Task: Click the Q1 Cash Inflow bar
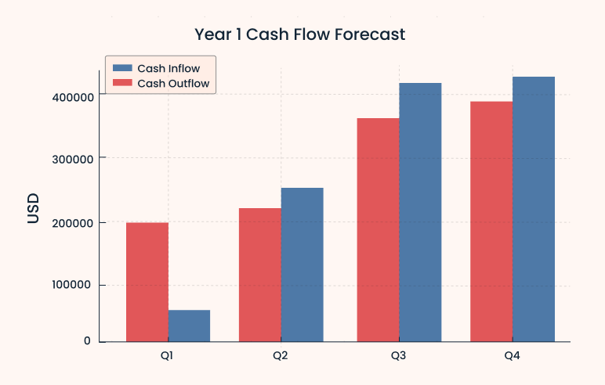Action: pyautogui.click(x=189, y=326)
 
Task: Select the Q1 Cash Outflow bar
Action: pyautogui.click(x=147, y=282)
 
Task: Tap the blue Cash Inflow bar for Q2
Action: pyautogui.click(x=302, y=264)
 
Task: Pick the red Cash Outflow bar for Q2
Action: pyautogui.click(x=260, y=275)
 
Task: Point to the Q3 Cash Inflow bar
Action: pyautogui.click(x=420, y=212)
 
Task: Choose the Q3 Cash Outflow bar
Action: pyautogui.click(x=378, y=230)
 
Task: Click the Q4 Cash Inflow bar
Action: pyautogui.click(x=534, y=209)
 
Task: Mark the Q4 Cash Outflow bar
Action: pyautogui.click(x=491, y=221)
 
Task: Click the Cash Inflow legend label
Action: pyautogui.click(x=168, y=68)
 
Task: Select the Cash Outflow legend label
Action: pyautogui.click(x=173, y=83)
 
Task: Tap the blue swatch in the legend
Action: pyautogui.click(x=122, y=68)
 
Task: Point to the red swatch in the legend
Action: pyautogui.click(x=122, y=83)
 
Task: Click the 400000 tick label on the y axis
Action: pyautogui.click(x=69, y=96)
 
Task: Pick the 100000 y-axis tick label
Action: pyautogui.click(x=69, y=285)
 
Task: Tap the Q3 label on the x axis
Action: pyautogui.click(x=399, y=356)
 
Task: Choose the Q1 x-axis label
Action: pyautogui.click(x=168, y=356)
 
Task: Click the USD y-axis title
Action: pyautogui.click(x=33, y=209)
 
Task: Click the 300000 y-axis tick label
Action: pyautogui.click(x=69, y=159)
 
